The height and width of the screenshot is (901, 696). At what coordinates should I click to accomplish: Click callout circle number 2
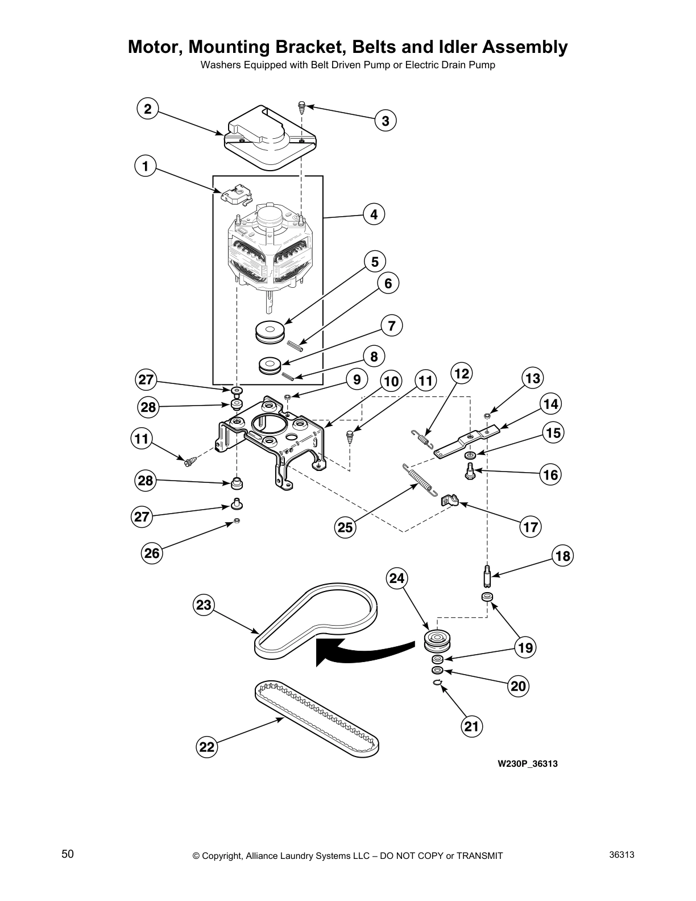(148, 109)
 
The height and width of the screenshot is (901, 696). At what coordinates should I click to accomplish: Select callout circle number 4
(374, 214)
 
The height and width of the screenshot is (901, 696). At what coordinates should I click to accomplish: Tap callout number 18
(562, 555)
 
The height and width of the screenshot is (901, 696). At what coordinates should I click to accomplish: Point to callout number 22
(207, 746)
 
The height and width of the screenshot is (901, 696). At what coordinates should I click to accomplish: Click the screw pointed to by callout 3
(302, 106)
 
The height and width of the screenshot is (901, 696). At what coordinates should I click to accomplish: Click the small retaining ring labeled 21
(437, 683)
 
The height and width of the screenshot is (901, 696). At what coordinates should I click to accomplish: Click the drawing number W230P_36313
(527, 763)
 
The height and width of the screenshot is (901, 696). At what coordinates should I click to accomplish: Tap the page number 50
(68, 854)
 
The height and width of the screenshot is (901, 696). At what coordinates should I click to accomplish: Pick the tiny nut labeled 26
(237, 521)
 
